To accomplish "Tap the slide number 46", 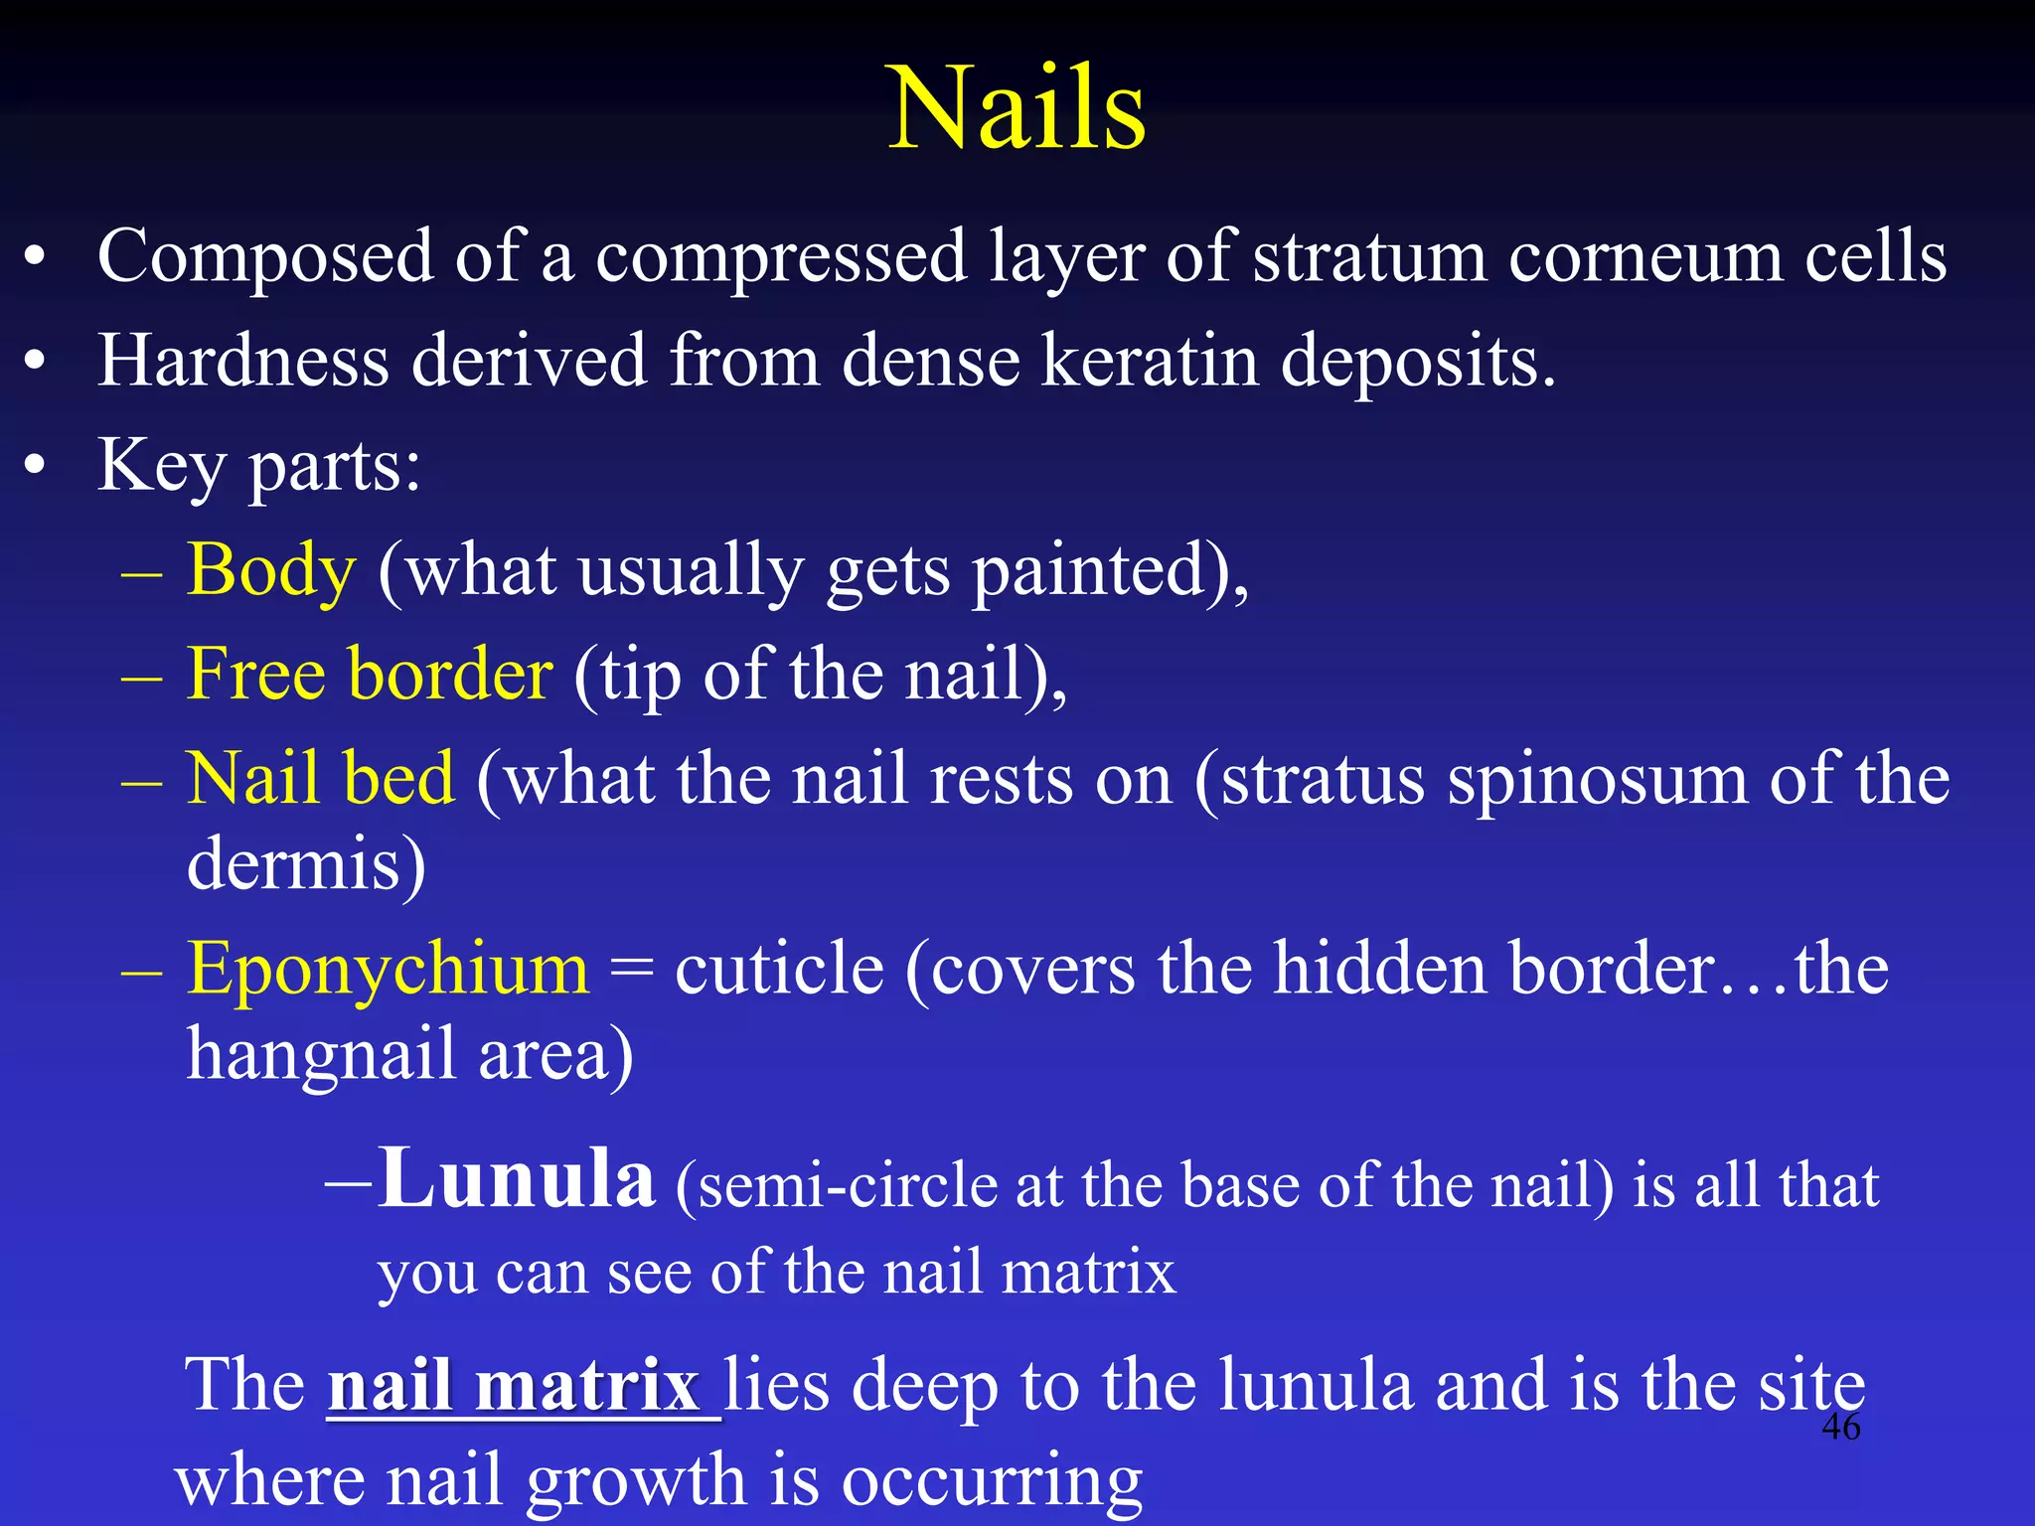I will click(1840, 1427).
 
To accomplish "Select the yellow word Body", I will click(270, 570).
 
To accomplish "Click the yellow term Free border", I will click(369, 674).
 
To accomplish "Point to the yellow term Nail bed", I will click(321, 778).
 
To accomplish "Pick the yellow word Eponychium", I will click(388, 968).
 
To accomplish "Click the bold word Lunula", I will click(517, 1178).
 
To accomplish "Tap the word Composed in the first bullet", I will click(265, 257).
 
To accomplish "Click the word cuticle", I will click(779, 968).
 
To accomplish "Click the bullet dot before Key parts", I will click(36, 465).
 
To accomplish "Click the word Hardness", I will click(243, 361).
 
